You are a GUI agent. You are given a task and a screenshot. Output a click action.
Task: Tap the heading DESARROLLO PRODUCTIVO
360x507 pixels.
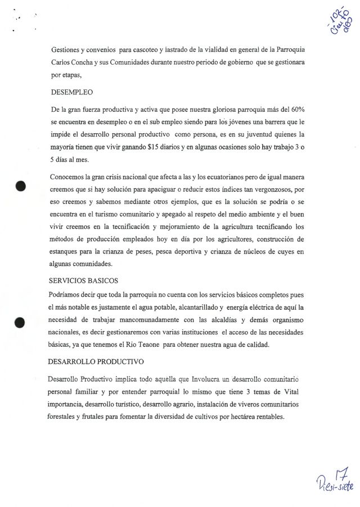point(96,361)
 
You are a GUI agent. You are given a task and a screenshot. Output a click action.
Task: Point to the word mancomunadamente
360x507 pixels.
point(155,319)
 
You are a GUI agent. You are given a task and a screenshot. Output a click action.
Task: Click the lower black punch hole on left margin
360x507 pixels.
point(21,323)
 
